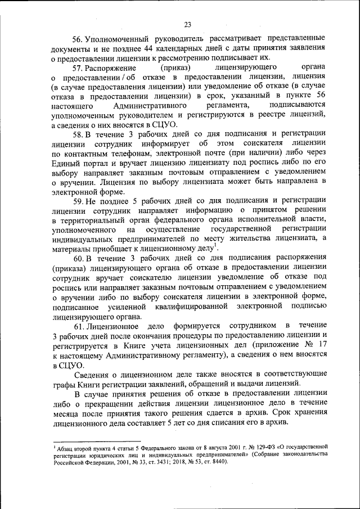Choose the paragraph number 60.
[79, 259]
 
